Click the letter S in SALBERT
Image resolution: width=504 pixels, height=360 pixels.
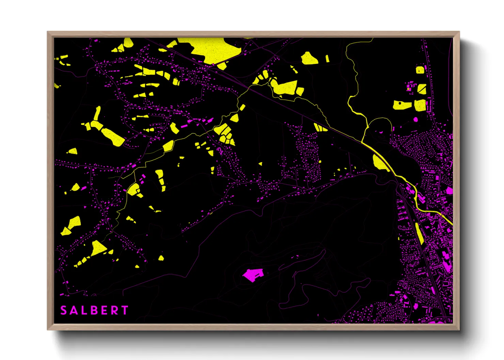point(64,310)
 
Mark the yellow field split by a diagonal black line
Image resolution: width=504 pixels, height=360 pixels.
point(422,89)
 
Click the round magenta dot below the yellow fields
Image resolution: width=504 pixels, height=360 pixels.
point(415,119)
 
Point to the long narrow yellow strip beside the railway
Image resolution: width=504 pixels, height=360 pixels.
point(419,233)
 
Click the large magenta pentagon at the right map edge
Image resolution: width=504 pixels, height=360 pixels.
point(450,191)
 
